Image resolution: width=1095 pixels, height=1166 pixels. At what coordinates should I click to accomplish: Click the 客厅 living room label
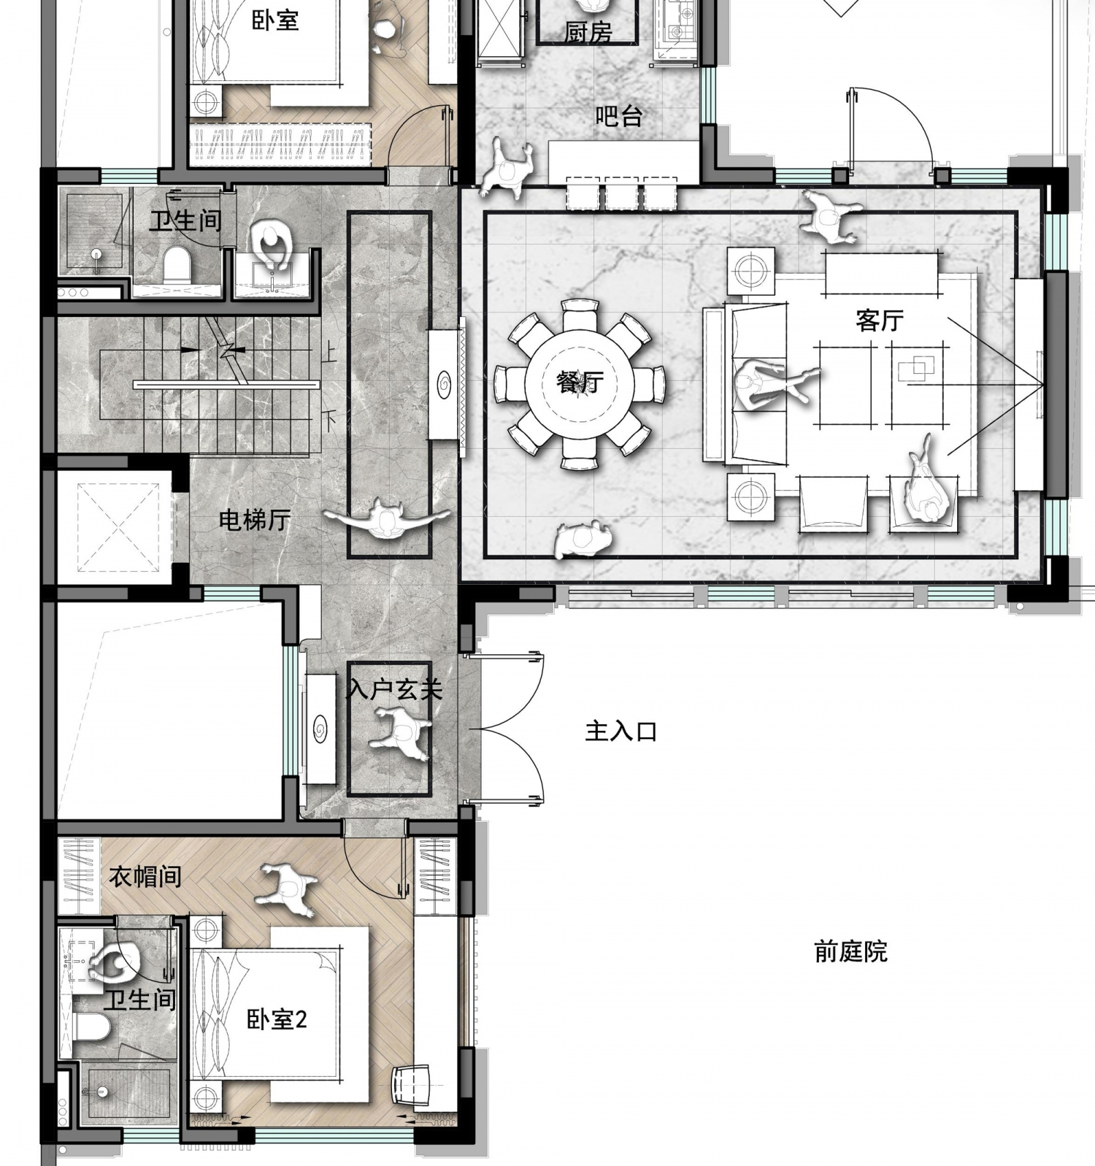click(880, 320)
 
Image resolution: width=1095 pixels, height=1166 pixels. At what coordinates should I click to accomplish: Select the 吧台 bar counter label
click(618, 116)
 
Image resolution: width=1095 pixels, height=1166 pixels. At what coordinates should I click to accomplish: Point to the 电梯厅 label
click(255, 520)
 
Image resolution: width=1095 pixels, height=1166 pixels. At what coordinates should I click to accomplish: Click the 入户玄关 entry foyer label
click(394, 689)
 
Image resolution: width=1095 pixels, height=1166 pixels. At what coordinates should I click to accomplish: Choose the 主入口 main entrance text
click(621, 731)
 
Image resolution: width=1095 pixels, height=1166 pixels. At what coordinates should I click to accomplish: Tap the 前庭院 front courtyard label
click(850, 951)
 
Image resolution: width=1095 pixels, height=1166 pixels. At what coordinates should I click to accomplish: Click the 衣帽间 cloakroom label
click(145, 876)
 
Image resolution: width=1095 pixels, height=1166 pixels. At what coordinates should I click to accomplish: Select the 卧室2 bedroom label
click(277, 1019)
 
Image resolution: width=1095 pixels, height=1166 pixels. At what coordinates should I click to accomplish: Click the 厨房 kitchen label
click(588, 31)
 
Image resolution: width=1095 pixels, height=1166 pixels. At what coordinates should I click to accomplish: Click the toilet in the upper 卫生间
click(177, 264)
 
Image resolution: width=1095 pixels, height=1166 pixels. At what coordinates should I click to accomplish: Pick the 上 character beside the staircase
click(329, 353)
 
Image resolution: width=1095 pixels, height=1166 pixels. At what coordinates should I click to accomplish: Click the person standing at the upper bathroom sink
click(272, 245)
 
